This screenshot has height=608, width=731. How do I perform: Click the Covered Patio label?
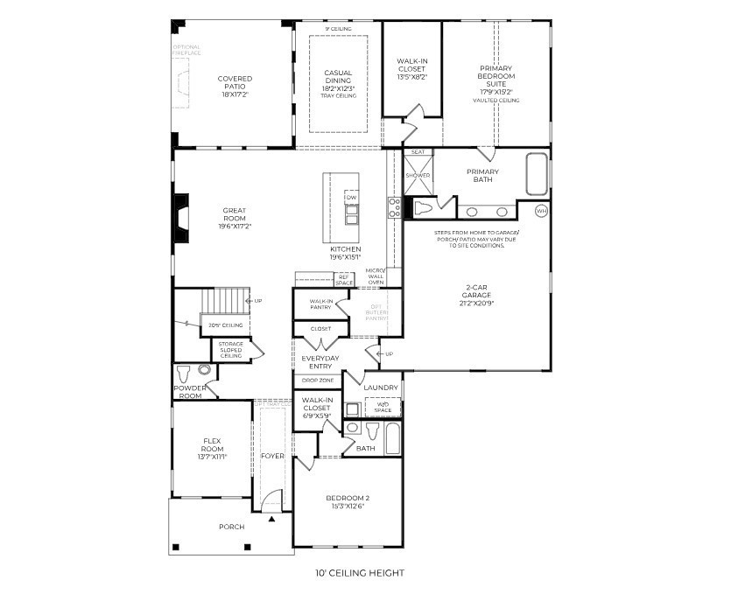pyautogui.click(x=235, y=83)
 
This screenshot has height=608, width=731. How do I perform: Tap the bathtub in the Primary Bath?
pyautogui.click(x=536, y=174)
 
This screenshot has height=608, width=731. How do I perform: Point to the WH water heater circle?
pyautogui.click(x=540, y=211)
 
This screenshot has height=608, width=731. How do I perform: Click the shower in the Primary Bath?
pyautogui.click(x=418, y=176)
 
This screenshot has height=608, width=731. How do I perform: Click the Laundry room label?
pyautogui.click(x=381, y=388)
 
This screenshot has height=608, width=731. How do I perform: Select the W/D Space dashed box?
pyautogui.click(x=383, y=407)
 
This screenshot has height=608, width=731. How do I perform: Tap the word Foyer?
pyautogui.click(x=272, y=456)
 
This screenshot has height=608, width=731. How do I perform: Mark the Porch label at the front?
pyautogui.click(x=231, y=527)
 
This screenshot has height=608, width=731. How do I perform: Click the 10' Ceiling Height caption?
pyautogui.click(x=359, y=574)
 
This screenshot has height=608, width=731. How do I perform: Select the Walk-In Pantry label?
pyautogui.click(x=320, y=304)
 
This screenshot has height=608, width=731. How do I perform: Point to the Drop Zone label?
pyautogui.click(x=316, y=381)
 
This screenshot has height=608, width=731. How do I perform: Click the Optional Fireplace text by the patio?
pyautogui.click(x=186, y=50)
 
